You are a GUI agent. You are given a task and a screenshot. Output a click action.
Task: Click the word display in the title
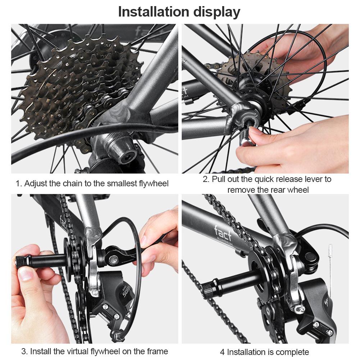click(216, 12)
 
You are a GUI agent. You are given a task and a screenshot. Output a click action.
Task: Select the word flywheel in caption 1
click(154, 184)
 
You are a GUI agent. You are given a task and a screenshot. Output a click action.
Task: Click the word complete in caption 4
click(292, 352)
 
